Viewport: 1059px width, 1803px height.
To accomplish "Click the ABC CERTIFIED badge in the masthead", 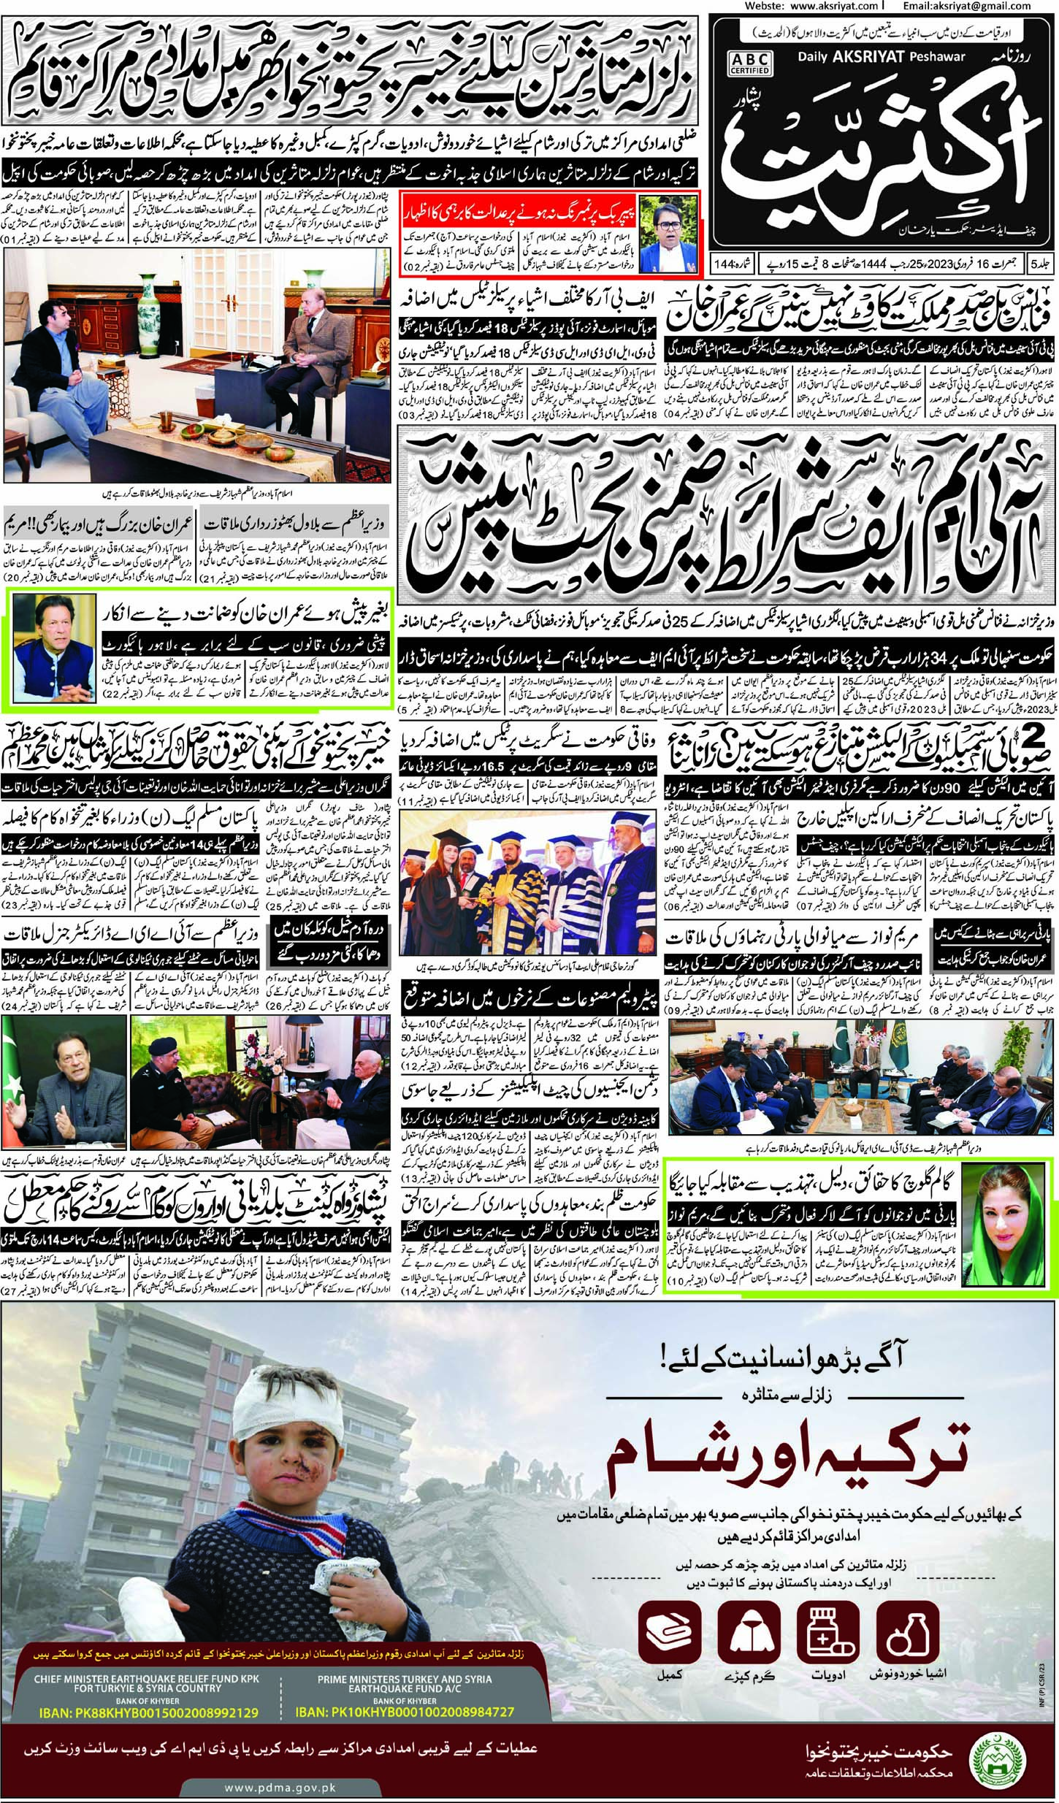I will (x=749, y=61).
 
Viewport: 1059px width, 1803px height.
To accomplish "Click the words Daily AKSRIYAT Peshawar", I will (x=881, y=56).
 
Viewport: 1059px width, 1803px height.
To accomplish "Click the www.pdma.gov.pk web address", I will (x=280, y=1783).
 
